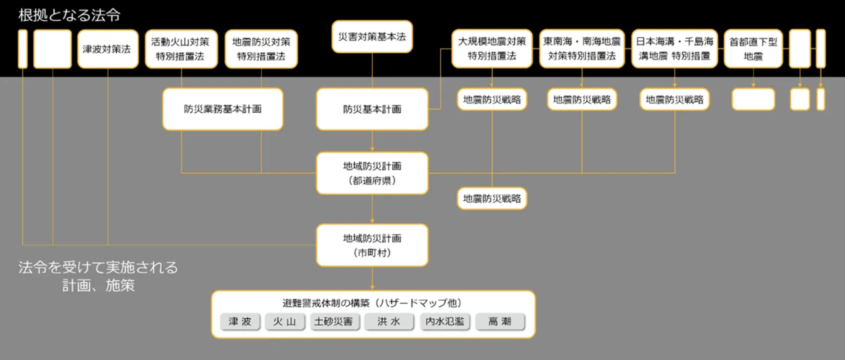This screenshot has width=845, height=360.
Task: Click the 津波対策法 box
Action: coord(108,49)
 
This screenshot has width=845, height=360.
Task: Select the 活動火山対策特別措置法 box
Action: coord(181,49)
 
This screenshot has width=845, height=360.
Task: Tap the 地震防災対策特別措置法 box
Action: coord(261,49)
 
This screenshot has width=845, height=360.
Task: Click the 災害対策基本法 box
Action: coord(372,36)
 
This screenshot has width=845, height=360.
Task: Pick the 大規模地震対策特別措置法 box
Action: coord(492,48)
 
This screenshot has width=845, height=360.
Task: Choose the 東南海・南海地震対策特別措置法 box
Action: coord(581,48)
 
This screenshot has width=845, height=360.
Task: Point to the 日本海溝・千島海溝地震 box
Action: coord(674,48)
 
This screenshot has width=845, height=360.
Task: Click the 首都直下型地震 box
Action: coord(753,49)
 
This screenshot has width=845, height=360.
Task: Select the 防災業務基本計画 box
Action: coord(223,109)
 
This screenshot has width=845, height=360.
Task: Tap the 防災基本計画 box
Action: coord(372,109)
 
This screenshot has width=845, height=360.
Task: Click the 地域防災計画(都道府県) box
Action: coord(372,173)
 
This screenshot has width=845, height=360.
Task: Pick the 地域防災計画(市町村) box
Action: coord(372,245)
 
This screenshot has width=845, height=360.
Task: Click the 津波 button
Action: coord(240,322)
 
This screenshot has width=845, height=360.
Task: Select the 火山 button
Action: coord(285,322)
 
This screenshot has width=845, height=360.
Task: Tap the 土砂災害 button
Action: coord(333,322)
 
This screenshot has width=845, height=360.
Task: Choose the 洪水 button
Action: coord(388,322)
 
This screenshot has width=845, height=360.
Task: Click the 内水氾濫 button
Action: coord(445,322)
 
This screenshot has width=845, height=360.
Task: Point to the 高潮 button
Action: coord(500,322)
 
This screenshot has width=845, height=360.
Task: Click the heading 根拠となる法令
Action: coord(69,15)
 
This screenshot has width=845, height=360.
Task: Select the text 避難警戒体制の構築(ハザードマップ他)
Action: coord(372,303)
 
